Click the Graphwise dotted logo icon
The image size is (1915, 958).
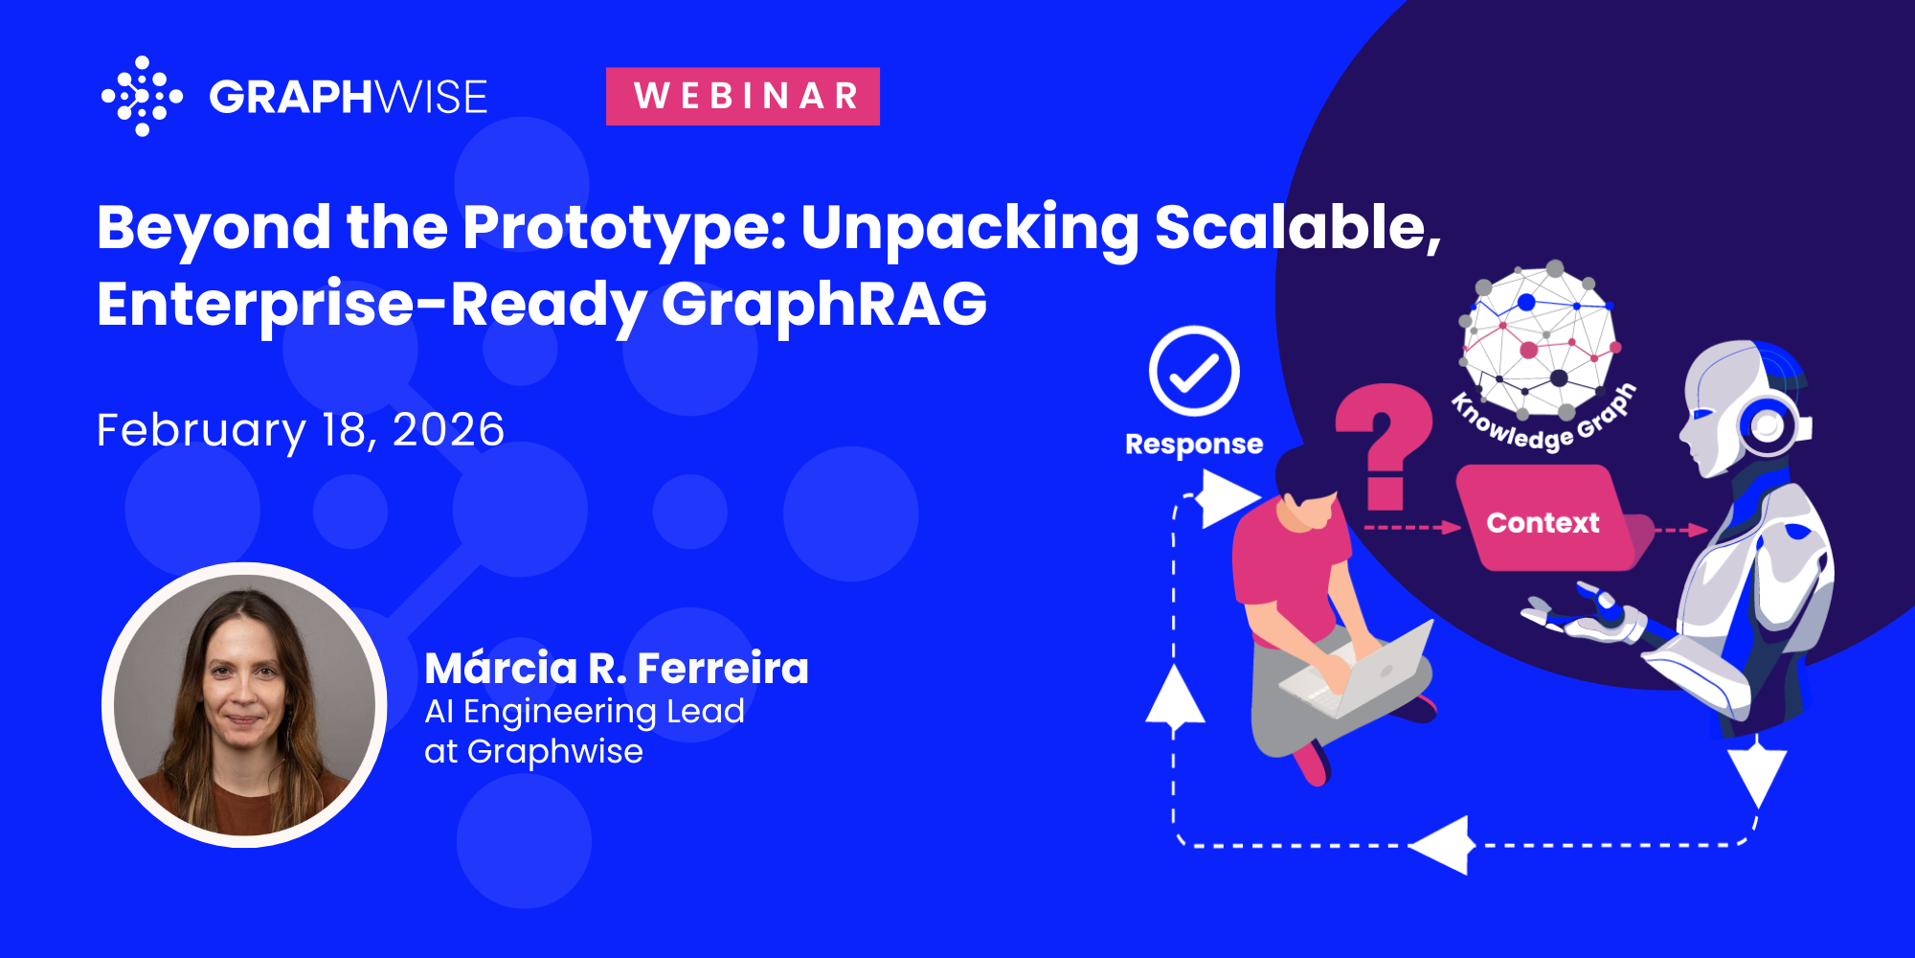pos(142,96)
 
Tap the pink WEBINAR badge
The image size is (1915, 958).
pos(743,96)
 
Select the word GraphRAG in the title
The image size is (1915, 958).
pos(824,305)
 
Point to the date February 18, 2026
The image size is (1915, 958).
pos(301,429)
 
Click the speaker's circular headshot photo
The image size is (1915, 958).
pos(244,704)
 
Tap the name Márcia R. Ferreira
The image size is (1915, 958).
pos(617,668)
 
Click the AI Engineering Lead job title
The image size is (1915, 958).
pos(584,712)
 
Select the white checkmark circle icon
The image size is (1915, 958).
pos(1194,371)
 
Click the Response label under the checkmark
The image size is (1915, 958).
pos(1194,445)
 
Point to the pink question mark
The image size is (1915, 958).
pos(1385,446)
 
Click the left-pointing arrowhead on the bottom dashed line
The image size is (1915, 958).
pos(1438,845)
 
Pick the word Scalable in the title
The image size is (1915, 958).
pos(1297,228)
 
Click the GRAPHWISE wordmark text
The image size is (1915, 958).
pos(349,97)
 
